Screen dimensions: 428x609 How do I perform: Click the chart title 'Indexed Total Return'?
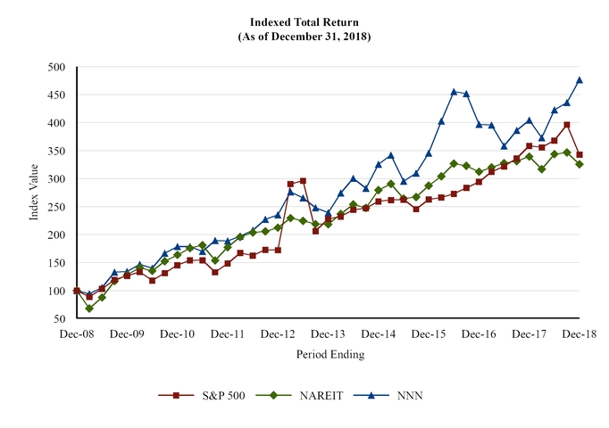click(x=304, y=21)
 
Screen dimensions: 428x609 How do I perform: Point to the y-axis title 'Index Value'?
click(x=34, y=193)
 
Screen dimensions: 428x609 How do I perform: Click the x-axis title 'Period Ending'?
click(x=330, y=354)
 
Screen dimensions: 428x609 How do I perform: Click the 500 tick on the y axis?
click(x=56, y=67)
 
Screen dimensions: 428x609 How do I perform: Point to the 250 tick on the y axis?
click(x=56, y=207)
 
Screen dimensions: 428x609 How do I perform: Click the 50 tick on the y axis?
click(x=59, y=318)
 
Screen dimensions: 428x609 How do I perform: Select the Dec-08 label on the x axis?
click(x=77, y=333)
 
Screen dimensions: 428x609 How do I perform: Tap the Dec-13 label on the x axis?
click(x=329, y=333)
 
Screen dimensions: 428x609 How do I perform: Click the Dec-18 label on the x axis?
click(x=580, y=333)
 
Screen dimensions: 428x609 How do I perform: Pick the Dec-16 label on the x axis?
click(x=480, y=333)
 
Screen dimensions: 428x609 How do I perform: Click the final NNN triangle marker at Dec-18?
click(x=580, y=80)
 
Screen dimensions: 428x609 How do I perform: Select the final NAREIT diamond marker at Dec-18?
click(x=580, y=164)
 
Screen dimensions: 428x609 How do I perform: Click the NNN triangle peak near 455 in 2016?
click(x=454, y=92)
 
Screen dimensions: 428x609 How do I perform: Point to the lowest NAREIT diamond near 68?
click(x=89, y=309)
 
